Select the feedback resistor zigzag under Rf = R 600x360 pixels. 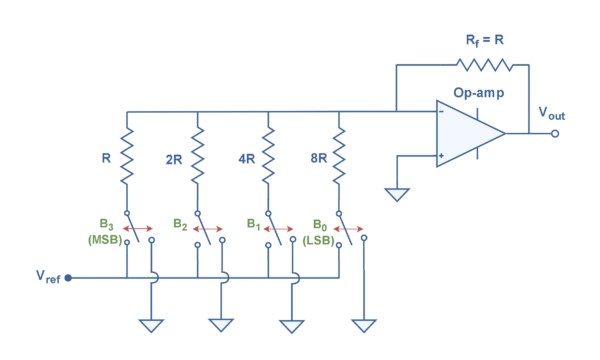click(x=484, y=65)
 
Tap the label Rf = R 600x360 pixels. click(x=486, y=41)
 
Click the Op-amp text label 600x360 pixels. click(x=478, y=93)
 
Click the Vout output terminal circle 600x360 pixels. click(x=555, y=133)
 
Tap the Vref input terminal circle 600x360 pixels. click(x=68, y=277)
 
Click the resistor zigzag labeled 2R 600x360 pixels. click(x=198, y=155)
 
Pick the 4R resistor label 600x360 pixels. click(x=246, y=158)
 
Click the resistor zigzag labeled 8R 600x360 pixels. click(x=339, y=155)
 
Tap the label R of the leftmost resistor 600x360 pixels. click(x=105, y=158)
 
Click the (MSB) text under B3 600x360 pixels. click(x=104, y=239)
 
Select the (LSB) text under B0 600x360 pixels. click(x=317, y=239)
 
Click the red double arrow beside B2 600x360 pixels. click(x=208, y=228)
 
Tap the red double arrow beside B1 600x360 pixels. click(x=279, y=228)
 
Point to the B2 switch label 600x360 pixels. click(x=180, y=224)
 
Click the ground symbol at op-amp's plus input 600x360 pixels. click(x=397, y=194)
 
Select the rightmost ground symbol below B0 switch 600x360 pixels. click(x=364, y=326)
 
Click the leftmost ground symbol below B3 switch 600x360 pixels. click(x=152, y=326)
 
